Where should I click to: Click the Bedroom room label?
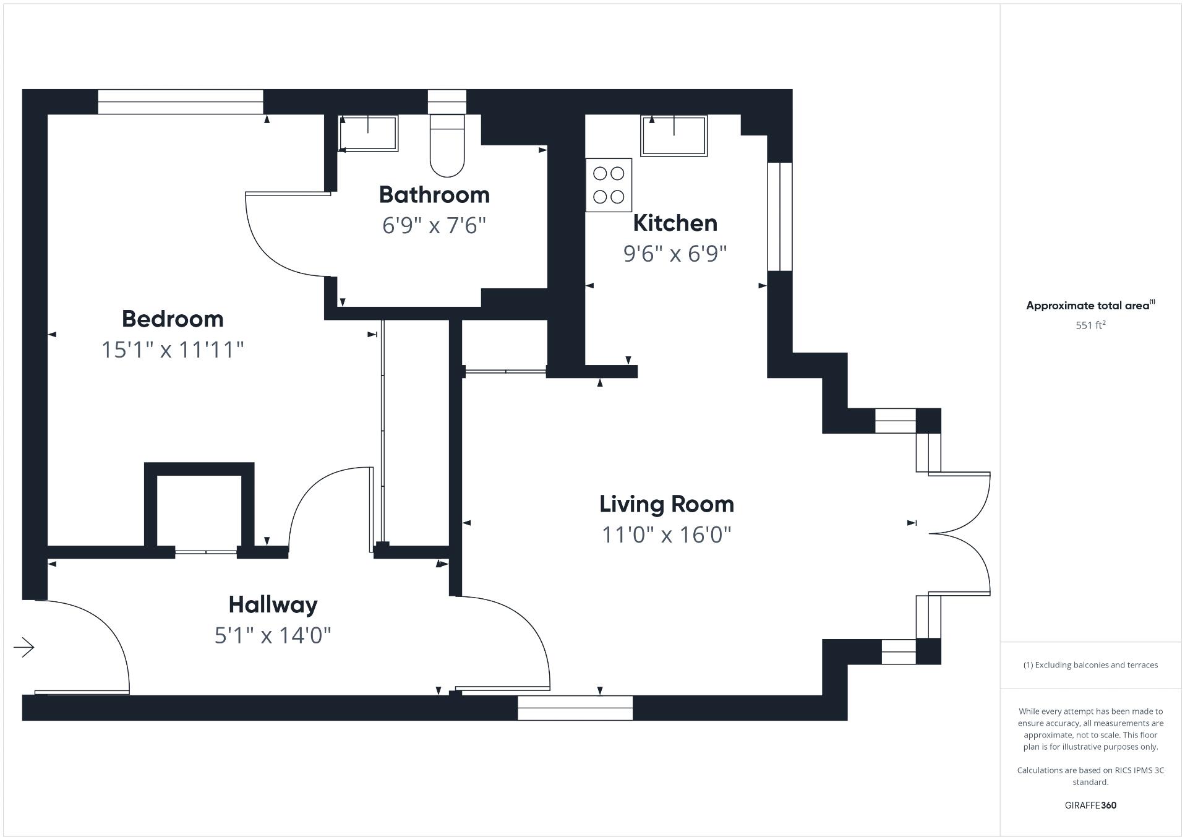tap(173, 319)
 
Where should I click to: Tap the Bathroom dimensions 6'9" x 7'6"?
tap(434, 226)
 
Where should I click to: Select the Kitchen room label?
tap(675, 223)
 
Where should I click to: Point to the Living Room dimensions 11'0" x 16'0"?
tap(667, 535)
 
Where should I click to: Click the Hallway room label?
tap(273, 604)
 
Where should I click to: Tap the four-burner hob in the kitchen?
tap(609, 185)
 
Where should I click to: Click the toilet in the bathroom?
tap(447, 145)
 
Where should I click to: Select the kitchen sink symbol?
tap(674, 136)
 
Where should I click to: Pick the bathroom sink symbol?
tap(368, 134)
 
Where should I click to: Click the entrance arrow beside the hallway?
tap(24, 648)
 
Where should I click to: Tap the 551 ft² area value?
tap(1090, 325)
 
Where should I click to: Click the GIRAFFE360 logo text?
tap(1090, 805)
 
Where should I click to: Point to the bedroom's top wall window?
tap(181, 102)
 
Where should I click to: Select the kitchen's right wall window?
tap(779, 217)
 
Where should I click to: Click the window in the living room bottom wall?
tap(575, 708)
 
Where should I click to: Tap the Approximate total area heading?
tap(1090, 306)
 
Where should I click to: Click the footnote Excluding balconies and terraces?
tap(1090, 665)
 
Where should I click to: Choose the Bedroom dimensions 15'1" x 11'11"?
tap(173, 350)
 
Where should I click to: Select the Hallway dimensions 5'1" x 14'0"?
tap(273, 635)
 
